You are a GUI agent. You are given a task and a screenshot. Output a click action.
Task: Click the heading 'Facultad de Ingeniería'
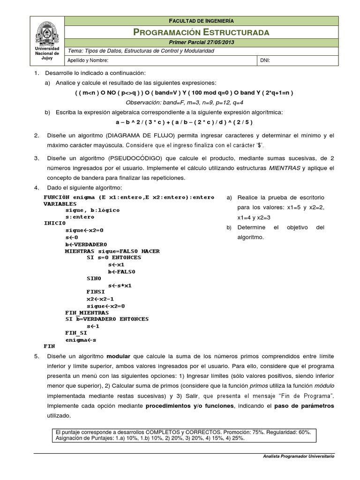(201, 21)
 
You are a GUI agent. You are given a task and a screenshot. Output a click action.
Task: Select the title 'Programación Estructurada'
(201, 32)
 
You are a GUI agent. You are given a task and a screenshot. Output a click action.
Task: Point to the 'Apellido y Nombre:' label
(88, 60)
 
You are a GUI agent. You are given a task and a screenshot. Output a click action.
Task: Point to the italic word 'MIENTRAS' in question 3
(284, 168)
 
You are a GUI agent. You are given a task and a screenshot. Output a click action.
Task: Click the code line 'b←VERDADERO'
(86, 244)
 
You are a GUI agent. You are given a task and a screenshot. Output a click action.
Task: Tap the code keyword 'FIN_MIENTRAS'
(87, 312)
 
